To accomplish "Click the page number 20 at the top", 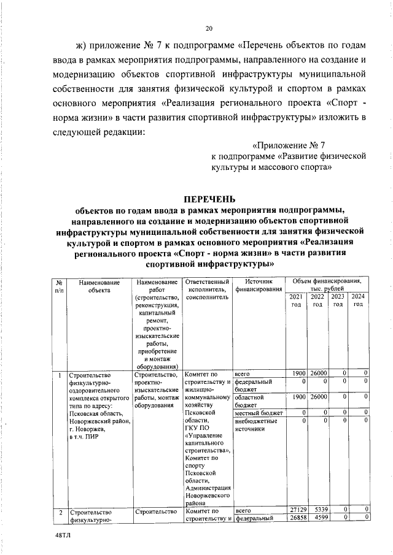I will click(209, 28).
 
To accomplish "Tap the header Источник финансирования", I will click(258, 287).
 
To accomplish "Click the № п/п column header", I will click(58, 287).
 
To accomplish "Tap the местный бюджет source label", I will click(259, 413).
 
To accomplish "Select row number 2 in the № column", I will click(59, 510).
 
